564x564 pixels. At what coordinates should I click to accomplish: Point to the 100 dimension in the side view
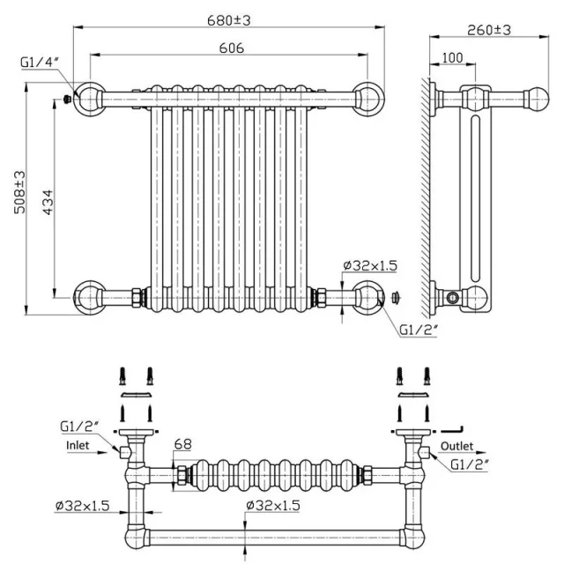[x=451, y=57]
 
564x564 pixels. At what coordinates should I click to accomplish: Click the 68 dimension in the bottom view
[x=182, y=443]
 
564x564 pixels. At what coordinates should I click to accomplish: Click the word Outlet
[x=457, y=446]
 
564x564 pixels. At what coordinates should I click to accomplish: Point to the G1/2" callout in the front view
[x=416, y=330]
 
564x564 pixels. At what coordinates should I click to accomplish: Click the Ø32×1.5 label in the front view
[x=370, y=264]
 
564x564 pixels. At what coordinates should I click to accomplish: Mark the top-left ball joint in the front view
[x=89, y=98]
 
